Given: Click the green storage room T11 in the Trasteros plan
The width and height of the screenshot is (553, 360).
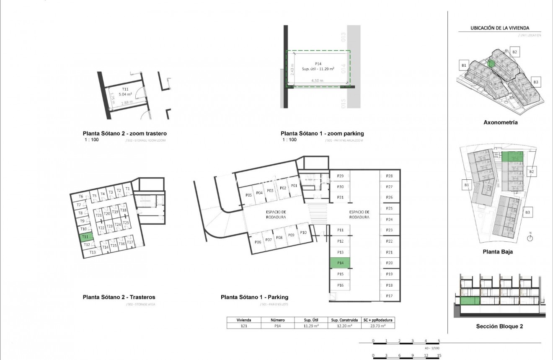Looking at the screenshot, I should [x=84, y=237].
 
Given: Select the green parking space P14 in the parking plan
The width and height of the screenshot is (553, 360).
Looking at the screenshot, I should [x=340, y=263].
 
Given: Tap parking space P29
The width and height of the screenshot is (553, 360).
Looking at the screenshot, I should [x=340, y=176].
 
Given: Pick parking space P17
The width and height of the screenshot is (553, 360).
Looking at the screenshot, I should [x=389, y=296].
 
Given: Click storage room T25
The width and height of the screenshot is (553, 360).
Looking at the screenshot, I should [x=126, y=223].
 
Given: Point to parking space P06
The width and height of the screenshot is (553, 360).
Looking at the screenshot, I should [x=258, y=242].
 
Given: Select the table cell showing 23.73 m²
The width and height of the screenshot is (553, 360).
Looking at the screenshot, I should [x=378, y=325].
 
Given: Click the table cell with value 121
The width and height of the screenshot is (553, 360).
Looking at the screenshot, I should [x=243, y=325].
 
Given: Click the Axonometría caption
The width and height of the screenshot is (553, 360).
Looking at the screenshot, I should [x=500, y=123].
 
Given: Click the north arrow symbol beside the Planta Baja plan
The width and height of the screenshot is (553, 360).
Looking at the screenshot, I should [x=530, y=238].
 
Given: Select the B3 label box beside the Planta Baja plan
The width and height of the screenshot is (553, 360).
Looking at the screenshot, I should [x=527, y=213].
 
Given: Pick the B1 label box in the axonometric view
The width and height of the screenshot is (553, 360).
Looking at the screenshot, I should [x=464, y=65].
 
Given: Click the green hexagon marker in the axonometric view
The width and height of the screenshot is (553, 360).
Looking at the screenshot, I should [x=491, y=64].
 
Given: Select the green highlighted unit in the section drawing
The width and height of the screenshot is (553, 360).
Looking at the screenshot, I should [x=470, y=301].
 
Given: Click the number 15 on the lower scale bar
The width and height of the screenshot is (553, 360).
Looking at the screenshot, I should [x=439, y=355].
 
